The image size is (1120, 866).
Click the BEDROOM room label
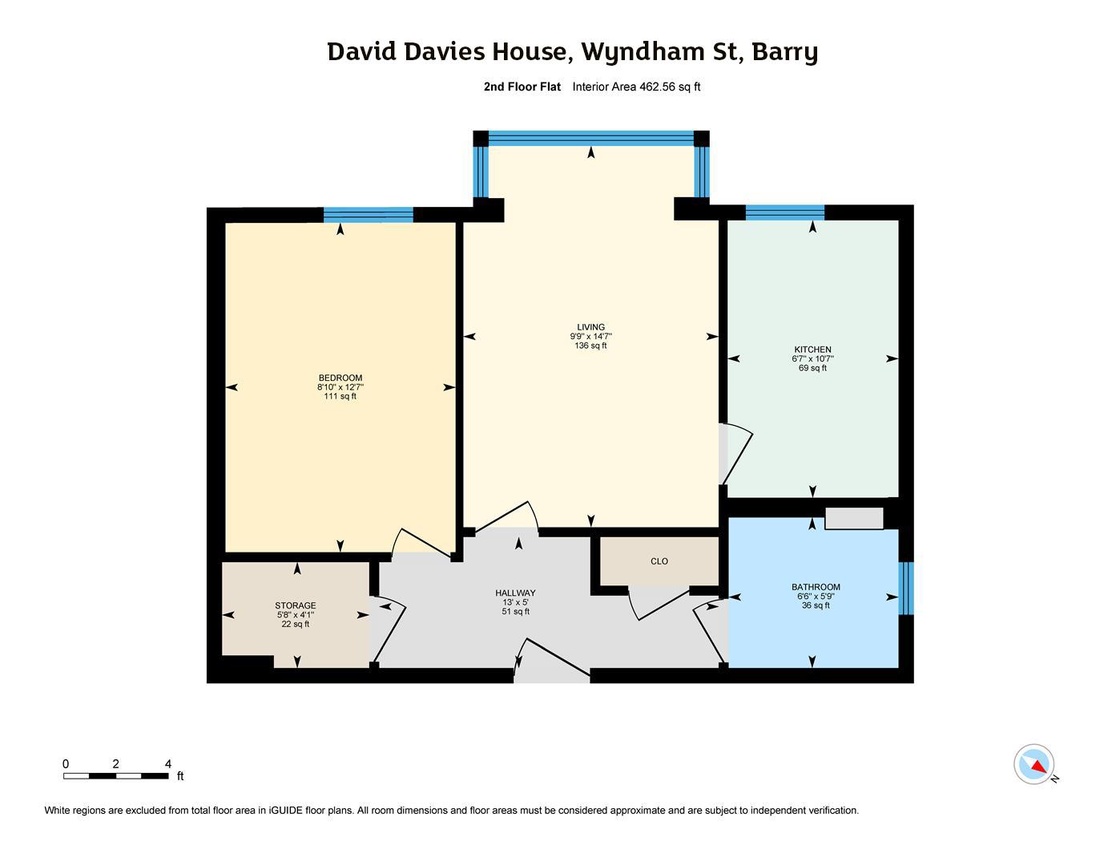[x=340, y=378]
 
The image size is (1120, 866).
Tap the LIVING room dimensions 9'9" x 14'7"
[x=590, y=337]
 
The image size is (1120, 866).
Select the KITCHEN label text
[x=812, y=350]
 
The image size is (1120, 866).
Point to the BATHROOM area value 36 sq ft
[x=816, y=605]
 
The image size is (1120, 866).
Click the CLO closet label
[x=659, y=561]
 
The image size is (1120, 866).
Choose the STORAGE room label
[x=296, y=605]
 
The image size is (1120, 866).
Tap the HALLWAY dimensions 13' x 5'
[x=515, y=602]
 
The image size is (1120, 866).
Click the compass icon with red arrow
[x=1034, y=764]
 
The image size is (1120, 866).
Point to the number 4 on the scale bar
[x=168, y=764]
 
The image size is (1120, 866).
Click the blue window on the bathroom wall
[x=905, y=588]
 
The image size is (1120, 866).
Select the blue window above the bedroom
[x=369, y=214]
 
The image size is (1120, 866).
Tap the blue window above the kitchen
[x=784, y=212]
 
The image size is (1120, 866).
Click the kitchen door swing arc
[x=739, y=454]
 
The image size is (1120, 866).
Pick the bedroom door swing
[x=421, y=542]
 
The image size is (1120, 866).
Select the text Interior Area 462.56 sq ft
[x=636, y=87]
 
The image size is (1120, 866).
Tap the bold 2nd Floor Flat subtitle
[x=522, y=87]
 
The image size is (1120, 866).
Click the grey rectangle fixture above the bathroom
[x=854, y=518]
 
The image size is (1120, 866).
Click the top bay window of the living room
[x=590, y=138]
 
